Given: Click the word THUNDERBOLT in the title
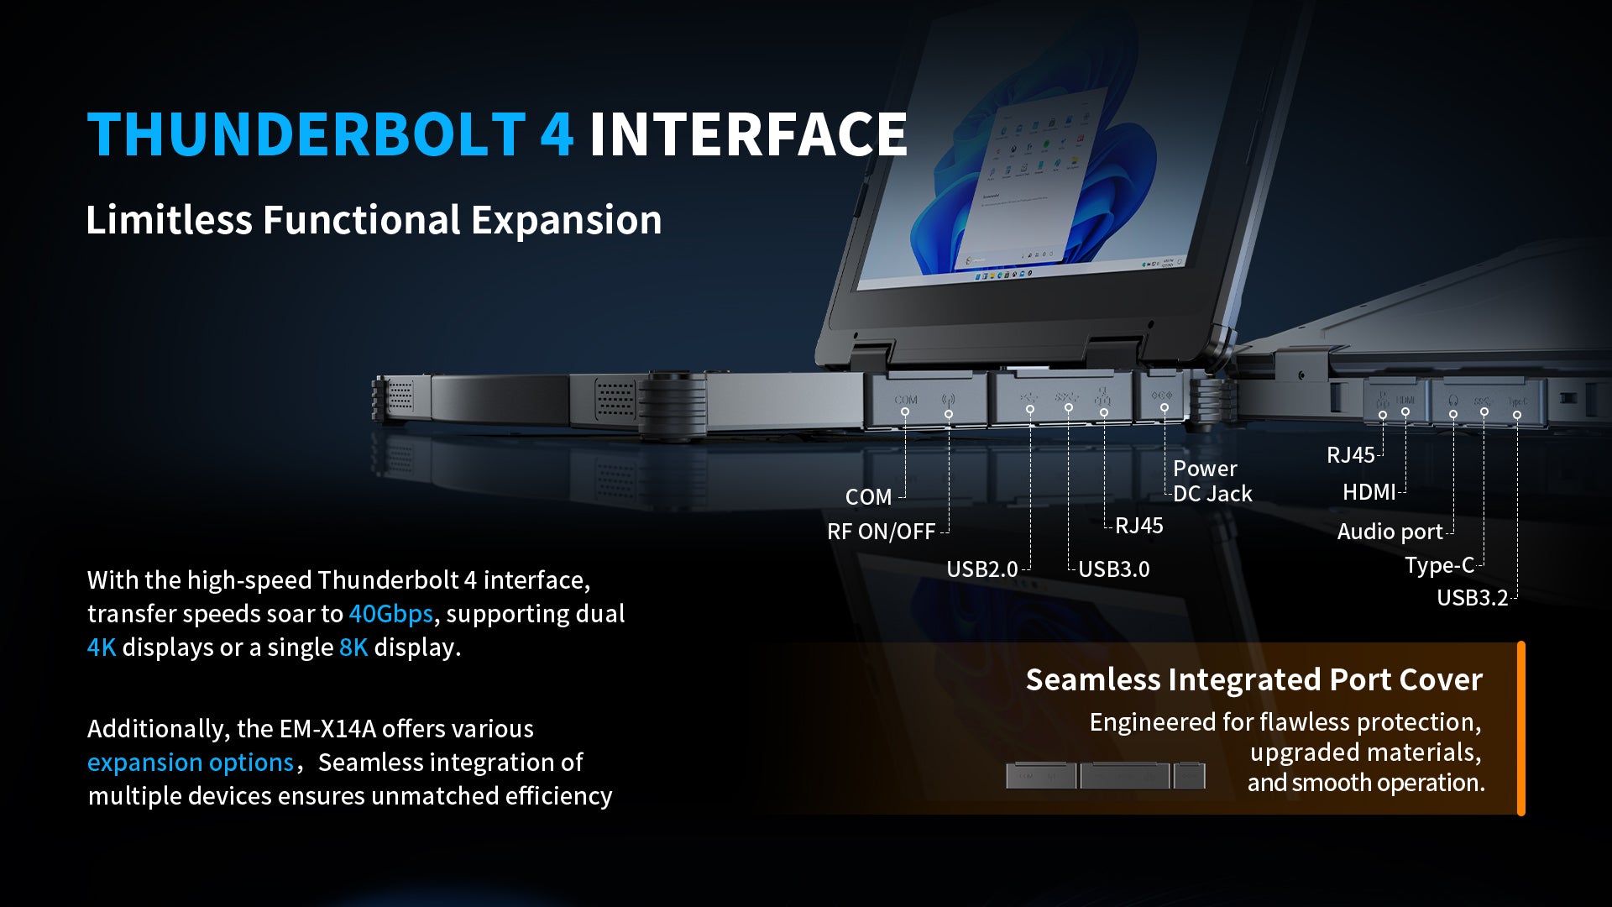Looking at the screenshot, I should [306, 134].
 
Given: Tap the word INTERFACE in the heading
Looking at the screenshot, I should [747, 134].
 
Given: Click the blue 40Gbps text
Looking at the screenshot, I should [390, 614].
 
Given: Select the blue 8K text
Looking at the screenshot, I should [353, 647].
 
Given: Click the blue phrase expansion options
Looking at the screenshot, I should [190, 763].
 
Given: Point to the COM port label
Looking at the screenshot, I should [868, 497].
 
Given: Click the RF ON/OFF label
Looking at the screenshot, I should [881, 532].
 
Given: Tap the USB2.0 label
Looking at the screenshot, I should [981, 569].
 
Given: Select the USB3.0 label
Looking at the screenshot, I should [1113, 569].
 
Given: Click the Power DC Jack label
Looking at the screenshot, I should [1212, 481].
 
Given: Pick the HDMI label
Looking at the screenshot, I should [1369, 492].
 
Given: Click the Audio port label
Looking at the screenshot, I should [1390, 532].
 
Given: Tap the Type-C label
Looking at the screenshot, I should [1439, 565].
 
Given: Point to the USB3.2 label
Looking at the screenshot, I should [1472, 598].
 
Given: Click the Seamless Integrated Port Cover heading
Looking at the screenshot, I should [1253, 679].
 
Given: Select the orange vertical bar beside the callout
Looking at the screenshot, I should [1520, 728].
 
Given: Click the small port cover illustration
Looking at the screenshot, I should [1105, 774].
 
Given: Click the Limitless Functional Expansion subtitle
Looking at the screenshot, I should [374, 220].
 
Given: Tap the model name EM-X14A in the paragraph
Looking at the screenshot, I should [327, 729].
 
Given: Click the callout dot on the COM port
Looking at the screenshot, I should [905, 412].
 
